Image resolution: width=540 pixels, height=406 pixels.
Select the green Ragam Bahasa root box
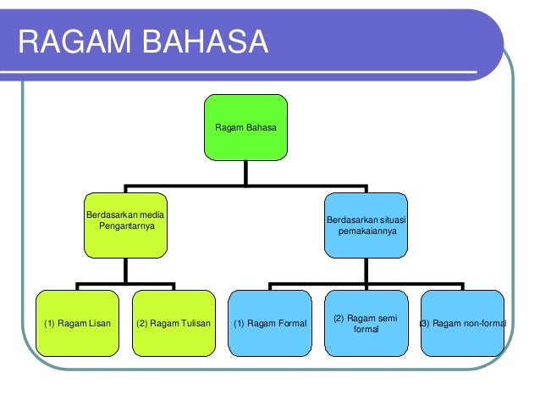[x=245, y=127]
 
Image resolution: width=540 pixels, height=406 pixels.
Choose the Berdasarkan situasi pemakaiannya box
[x=366, y=225]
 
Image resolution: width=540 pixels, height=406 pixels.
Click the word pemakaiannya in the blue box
[x=366, y=230]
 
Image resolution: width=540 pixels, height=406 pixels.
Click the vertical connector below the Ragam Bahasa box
[x=245, y=173]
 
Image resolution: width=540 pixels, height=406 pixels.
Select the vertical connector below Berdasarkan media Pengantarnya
[x=125, y=270]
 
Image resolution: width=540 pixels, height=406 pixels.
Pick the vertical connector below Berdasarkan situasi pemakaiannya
[x=366, y=270]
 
